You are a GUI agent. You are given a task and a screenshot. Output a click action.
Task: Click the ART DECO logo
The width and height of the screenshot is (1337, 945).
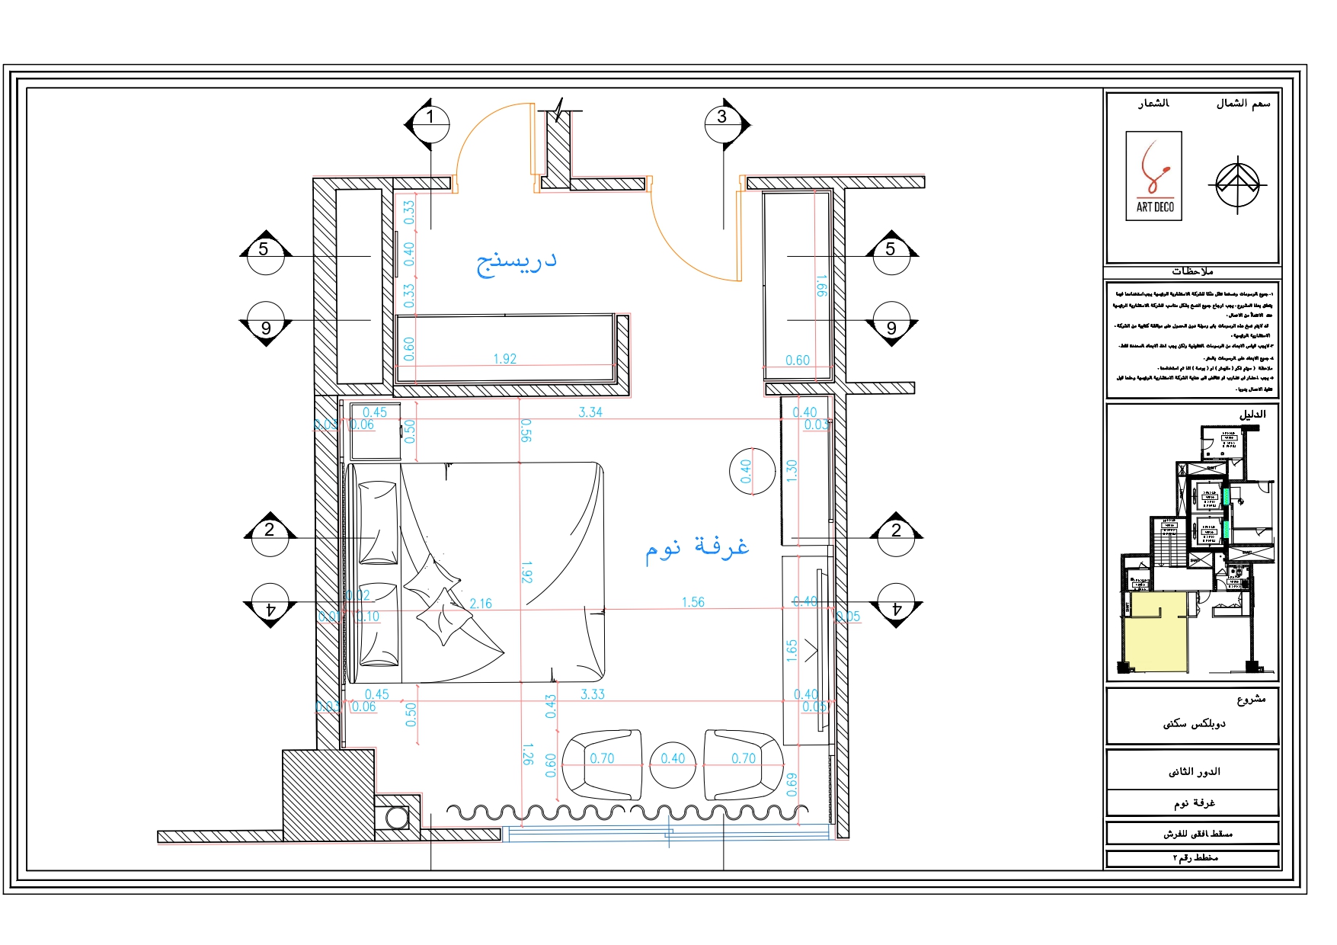(x=1153, y=176)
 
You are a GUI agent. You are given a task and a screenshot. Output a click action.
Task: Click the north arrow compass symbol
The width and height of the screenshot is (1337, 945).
(x=1237, y=184)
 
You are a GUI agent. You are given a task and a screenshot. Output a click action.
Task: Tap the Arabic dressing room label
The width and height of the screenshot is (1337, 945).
(x=517, y=261)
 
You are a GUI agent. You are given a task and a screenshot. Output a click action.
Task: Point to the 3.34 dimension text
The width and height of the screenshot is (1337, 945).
(x=590, y=412)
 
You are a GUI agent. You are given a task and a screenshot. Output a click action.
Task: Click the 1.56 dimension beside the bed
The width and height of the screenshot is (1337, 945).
(x=692, y=602)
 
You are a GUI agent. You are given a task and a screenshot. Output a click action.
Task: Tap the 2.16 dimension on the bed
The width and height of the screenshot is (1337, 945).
(x=480, y=604)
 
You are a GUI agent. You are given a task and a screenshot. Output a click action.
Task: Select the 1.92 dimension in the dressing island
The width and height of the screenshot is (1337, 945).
(x=504, y=359)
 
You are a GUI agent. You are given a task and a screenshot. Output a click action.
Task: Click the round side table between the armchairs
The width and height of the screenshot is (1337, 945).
(x=673, y=764)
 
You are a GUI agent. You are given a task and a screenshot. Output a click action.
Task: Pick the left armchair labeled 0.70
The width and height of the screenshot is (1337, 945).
(x=600, y=764)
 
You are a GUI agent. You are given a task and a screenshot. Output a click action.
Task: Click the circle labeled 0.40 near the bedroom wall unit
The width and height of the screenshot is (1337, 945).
(x=751, y=471)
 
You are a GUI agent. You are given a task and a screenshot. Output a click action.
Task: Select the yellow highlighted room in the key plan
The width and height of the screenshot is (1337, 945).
(x=1156, y=633)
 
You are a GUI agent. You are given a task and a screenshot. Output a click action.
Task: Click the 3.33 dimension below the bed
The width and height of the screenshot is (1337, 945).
(x=592, y=694)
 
